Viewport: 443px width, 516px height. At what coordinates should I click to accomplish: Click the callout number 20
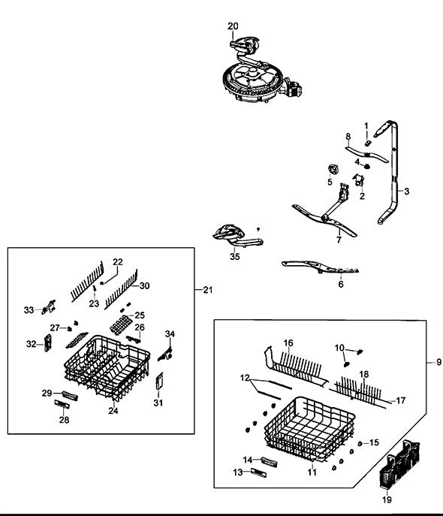[x=233, y=26]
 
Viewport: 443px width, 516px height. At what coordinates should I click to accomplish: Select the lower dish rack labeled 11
[x=309, y=428]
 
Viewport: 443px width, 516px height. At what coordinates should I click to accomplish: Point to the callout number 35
[x=235, y=256]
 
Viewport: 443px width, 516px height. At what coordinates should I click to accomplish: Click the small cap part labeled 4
[x=367, y=166]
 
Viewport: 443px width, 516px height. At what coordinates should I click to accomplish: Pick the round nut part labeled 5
[x=334, y=170]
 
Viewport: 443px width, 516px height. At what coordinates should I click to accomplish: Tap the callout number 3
[x=406, y=192]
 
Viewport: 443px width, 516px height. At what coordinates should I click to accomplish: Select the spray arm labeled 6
[x=320, y=267]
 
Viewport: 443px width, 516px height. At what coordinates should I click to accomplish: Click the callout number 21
[x=207, y=290]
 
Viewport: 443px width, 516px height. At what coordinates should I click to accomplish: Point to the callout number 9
[x=438, y=362]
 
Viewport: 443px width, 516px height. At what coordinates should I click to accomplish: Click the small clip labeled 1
[x=369, y=143]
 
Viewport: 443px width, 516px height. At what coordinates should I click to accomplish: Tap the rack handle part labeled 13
[x=259, y=472]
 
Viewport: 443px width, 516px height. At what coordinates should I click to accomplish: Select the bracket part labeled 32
[x=48, y=343]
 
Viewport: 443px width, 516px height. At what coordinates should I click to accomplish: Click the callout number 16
[x=288, y=343]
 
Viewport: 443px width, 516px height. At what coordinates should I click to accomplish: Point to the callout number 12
[x=245, y=378]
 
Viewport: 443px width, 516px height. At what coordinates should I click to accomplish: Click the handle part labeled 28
[x=62, y=404]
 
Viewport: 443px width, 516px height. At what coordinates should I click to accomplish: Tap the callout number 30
[x=144, y=285]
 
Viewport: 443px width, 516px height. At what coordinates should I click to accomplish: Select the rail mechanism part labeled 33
[x=49, y=306]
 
